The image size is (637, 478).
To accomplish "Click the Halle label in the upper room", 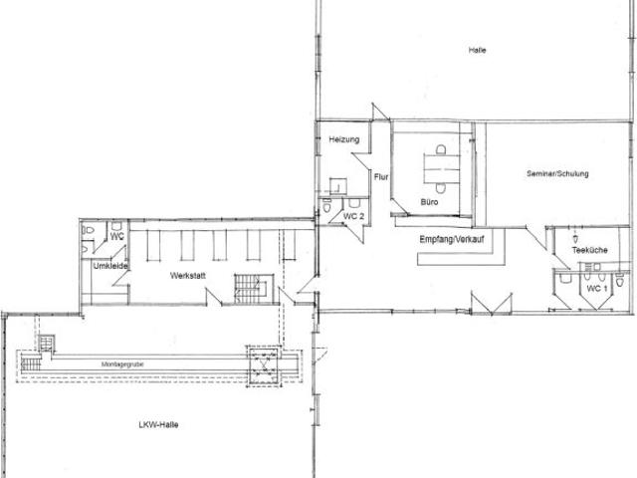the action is click(x=477, y=51).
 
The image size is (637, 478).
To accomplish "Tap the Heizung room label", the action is click(x=344, y=139).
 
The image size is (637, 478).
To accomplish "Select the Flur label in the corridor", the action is click(x=381, y=177).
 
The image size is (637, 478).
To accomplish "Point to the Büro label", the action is click(x=429, y=201).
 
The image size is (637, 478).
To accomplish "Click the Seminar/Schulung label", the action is click(x=557, y=173).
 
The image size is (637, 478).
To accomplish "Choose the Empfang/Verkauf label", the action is click(x=452, y=239).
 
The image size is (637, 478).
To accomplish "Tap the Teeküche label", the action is click(x=589, y=250).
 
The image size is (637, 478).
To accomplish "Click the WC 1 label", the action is click(x=597, y=289).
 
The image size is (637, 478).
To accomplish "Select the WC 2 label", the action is click(x=353, y=216).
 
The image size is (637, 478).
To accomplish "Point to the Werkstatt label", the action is click(x=188, y=276).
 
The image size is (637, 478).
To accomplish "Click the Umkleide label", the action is click(x=110, y=266).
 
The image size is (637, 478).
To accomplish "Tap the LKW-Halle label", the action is click(x=158, y=425).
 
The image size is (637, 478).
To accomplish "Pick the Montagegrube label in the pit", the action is click(x=122, y=364).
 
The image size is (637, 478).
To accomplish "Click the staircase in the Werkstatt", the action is click(x=254, y=289).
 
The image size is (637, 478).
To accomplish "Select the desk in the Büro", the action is click(x=441, y=168).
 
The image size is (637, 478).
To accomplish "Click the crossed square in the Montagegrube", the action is click(x=264, y=365).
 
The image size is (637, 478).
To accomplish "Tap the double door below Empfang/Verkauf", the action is click(x=492, y=303).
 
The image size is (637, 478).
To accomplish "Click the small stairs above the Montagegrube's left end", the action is click(x=47, y=343).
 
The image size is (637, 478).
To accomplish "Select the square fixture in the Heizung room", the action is click(x=337, y=186).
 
